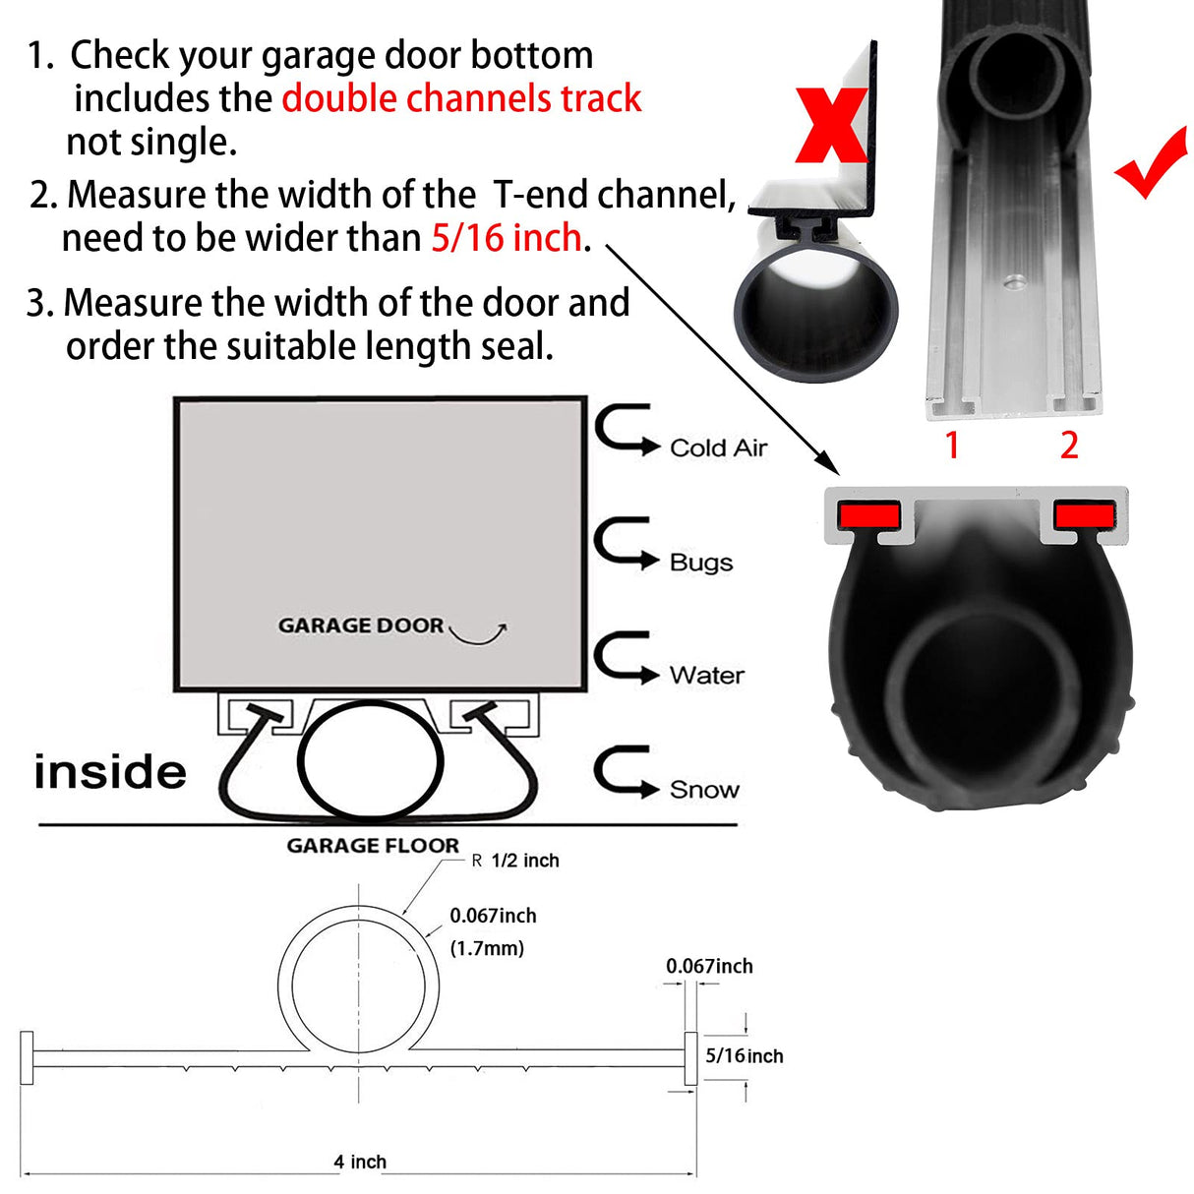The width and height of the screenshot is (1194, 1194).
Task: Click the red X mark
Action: tap(832, 124)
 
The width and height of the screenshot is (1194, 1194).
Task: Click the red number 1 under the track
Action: tap(951, 446)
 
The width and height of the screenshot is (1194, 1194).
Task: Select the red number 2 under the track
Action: tap(1069, 446)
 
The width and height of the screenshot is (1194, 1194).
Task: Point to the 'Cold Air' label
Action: tap(718, 448)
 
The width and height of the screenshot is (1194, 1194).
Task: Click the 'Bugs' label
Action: tap(701, 563)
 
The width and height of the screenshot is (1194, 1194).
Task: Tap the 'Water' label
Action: tap(706, 676)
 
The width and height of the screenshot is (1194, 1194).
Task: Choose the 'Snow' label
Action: tap(704, 790)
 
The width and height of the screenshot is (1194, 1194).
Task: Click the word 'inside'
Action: tap(110, 772)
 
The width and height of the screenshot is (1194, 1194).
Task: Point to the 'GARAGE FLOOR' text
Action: tap(373, 846)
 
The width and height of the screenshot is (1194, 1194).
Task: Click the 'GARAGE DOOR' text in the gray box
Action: tap(361, 626)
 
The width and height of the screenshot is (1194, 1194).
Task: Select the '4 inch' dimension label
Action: tap(360, 1162)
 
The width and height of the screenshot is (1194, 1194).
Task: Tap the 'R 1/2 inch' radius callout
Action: tap(515, 861)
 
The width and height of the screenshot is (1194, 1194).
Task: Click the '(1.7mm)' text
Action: tap(487, 948)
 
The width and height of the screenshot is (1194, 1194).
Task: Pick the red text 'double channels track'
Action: tap(461, 98)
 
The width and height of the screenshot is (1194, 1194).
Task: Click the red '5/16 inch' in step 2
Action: tap(507, 238)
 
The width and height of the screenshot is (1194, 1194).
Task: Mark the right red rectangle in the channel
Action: tap(1085, 513)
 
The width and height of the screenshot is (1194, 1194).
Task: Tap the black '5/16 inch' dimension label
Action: tap(745, 1056)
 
